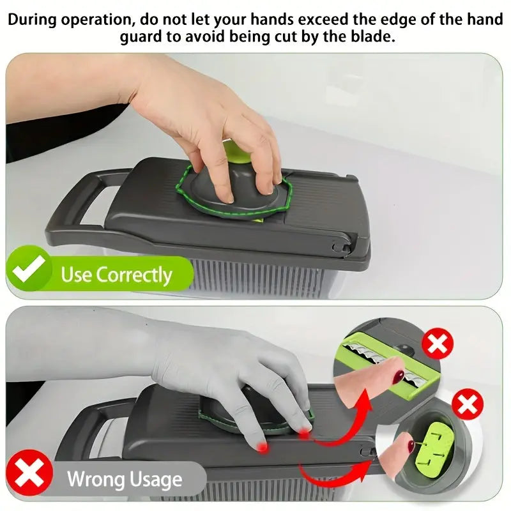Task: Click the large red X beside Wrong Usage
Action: (x=29, y=473)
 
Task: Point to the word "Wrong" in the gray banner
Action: (x=94, y=479)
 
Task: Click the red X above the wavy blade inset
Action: (x=438, y=344)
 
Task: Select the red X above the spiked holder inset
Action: (x=468, y=404)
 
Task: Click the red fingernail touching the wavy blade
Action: (x=399, y=377)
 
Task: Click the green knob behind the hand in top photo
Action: (x=237, y=152)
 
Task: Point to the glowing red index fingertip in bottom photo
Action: (x=262, y=447)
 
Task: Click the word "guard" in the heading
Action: (x=141, y=37)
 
